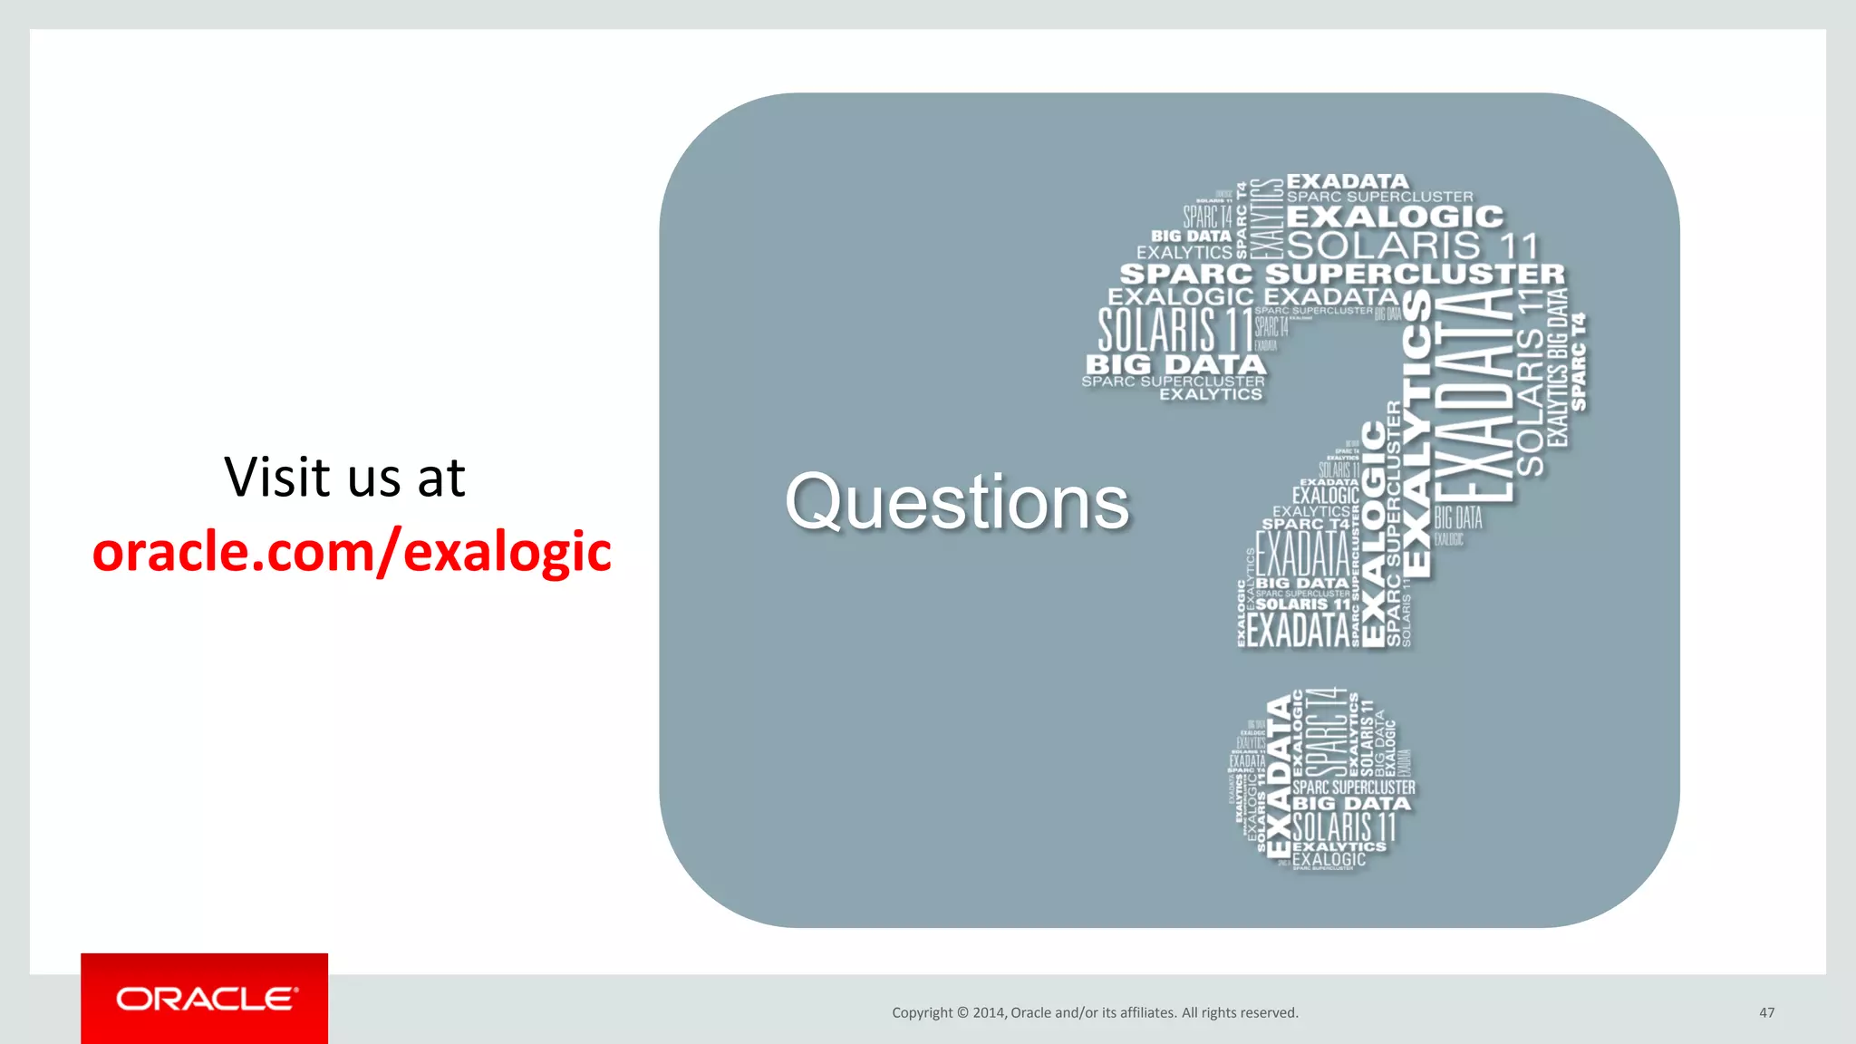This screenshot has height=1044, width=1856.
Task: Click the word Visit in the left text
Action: click(x=277, y=478)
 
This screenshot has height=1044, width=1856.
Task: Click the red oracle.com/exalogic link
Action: click(x=352, y=552)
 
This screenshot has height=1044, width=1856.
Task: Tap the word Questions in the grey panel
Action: click(x=957, y=502)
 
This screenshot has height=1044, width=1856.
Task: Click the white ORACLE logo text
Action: click(x=205, y=999)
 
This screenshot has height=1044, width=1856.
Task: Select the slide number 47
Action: click(x=1766, y=1012)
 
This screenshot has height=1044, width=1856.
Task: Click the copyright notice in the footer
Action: click(x=1095, y=1012)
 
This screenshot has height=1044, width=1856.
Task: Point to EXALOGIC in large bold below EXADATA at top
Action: click(x=1394, y=217)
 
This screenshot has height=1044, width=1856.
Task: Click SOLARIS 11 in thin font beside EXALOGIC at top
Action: click(x=1412, y=246)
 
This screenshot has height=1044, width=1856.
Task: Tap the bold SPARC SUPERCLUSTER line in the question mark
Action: click(x=1341, y=274)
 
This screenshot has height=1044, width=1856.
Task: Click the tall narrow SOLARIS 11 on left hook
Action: click(x=1174, y=330)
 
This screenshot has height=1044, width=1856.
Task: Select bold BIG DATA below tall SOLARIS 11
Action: click(x=1175, y=364)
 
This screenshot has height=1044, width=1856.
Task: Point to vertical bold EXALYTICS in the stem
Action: click(x=1416, y=435)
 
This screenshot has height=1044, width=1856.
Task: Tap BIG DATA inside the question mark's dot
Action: click(x=1351, y=804)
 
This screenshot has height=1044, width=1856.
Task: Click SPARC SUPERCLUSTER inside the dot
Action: click(x=1353, y=788)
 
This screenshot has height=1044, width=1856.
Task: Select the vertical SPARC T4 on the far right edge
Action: click(x=1579, y=362)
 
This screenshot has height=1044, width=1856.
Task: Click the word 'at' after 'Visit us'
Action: click(x=440, y=478)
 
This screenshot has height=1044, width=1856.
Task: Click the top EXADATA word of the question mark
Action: click(x=1348, y=181)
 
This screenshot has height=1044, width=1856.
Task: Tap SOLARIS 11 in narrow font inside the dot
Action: click(x=1344, y=826)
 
